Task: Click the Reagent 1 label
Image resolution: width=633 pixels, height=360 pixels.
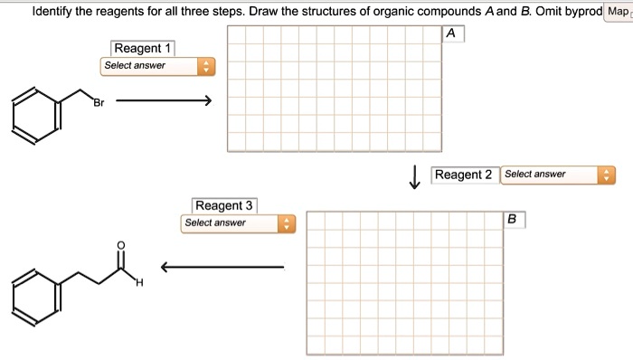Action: point(143,48)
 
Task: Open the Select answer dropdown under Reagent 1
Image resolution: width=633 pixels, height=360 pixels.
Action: point(158,66)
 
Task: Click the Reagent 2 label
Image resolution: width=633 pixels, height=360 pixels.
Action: point(463,175)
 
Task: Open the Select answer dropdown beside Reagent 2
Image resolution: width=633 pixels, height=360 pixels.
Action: point(557,175)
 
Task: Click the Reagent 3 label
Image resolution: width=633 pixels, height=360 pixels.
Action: point(223,205)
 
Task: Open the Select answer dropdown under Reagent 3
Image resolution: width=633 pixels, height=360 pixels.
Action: point(238,223)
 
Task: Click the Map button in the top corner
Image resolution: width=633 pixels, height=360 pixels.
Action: point(617,12)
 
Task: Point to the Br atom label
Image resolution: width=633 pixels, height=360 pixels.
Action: point(98,105)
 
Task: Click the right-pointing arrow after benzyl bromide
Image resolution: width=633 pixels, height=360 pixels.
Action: point(164,100)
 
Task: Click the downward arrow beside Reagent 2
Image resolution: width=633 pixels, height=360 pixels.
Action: point(415,177)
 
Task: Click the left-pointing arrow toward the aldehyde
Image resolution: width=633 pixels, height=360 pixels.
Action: point(222,266)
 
